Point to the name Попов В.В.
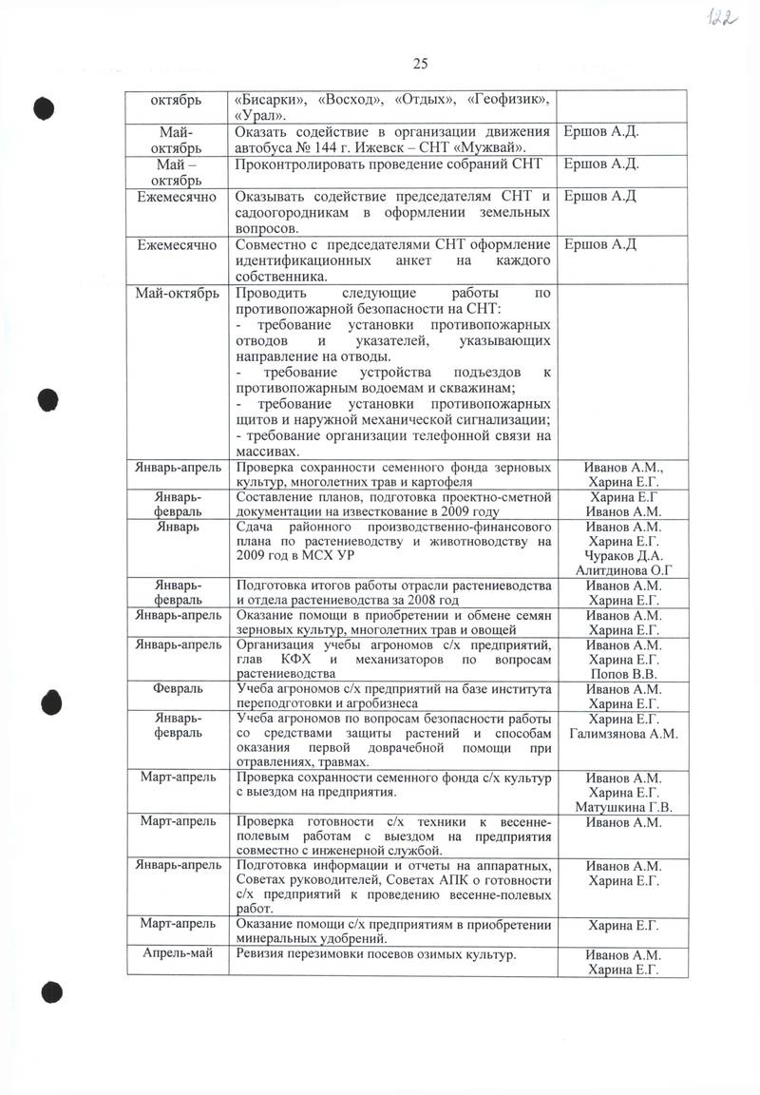pos(623,674)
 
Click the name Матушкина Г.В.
pos(623,808)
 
